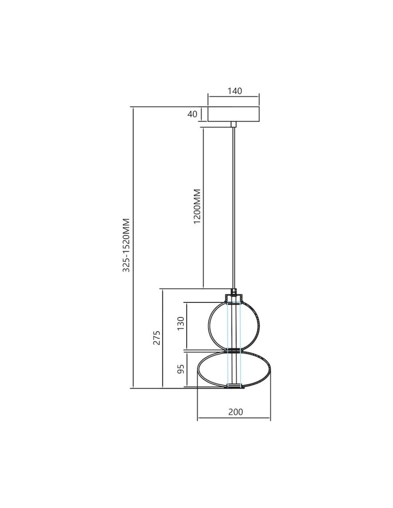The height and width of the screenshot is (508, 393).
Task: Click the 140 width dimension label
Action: (234, 91)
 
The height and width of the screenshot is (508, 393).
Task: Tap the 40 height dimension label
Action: (192, 114)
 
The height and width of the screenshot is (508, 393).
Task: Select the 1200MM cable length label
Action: (198, 206)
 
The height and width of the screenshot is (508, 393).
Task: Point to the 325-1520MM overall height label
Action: (126, 245)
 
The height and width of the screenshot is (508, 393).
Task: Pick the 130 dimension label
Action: (180, 323)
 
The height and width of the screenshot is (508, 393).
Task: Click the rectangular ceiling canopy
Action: (234, 114)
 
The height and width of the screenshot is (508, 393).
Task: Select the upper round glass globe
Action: (216, 325)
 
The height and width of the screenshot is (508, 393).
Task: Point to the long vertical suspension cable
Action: (234, 203)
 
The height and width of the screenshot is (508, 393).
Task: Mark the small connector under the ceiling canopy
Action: (234, 124)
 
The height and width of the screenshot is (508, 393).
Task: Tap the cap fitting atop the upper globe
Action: (234, 295)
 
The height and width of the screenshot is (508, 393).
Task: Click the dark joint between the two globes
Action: (234, 350)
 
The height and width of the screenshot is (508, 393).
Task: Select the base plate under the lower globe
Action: (234, 387)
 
